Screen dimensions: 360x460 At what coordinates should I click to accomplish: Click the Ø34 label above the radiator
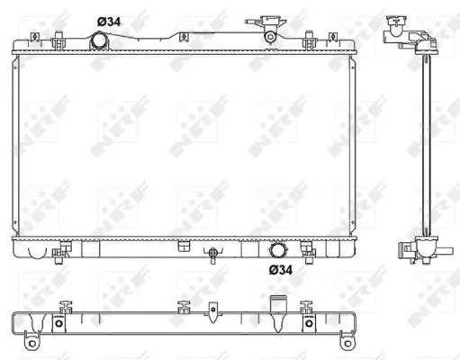tap(109, 21)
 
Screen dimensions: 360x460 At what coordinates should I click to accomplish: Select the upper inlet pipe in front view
tap(99, 40)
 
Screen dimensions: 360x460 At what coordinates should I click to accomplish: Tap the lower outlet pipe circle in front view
tap(278, 249)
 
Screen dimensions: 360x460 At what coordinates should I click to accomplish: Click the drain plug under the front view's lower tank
tap(212, 256)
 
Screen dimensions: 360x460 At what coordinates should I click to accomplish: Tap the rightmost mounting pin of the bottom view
tap(308, 307)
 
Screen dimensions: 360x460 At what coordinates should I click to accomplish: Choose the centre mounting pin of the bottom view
tap(184, 307)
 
